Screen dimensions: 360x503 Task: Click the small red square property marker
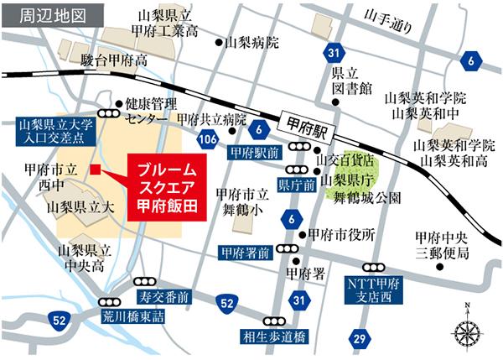point(96,170)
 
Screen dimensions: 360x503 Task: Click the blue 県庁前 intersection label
point(296,182)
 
